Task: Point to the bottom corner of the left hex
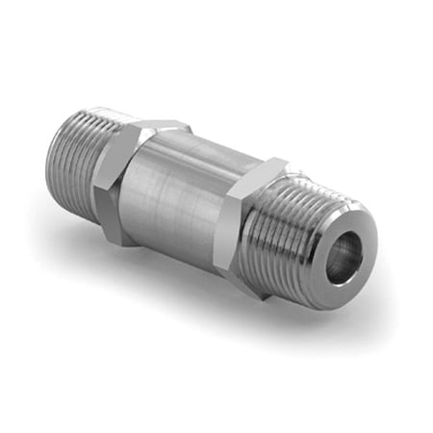point(119,241)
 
